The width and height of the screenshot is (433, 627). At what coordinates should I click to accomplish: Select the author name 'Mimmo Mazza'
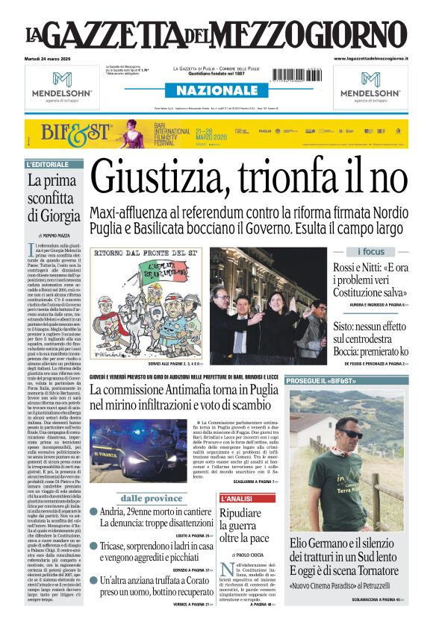[x=59, y=234]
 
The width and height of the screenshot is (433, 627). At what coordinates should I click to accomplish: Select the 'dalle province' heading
[x=152, y=498]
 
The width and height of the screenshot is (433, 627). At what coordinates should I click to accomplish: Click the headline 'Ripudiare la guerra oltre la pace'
[x=245, y=526]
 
